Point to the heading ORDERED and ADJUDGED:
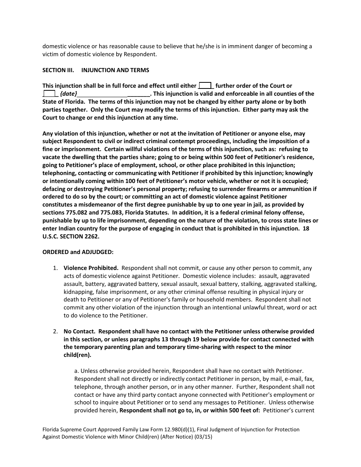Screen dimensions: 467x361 [78, 252]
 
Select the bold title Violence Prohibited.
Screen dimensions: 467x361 [91, 268]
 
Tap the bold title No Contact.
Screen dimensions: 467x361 [79, 331]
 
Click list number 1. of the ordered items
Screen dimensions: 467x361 [55, 268]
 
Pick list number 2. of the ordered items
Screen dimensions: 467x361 [55, 331]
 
